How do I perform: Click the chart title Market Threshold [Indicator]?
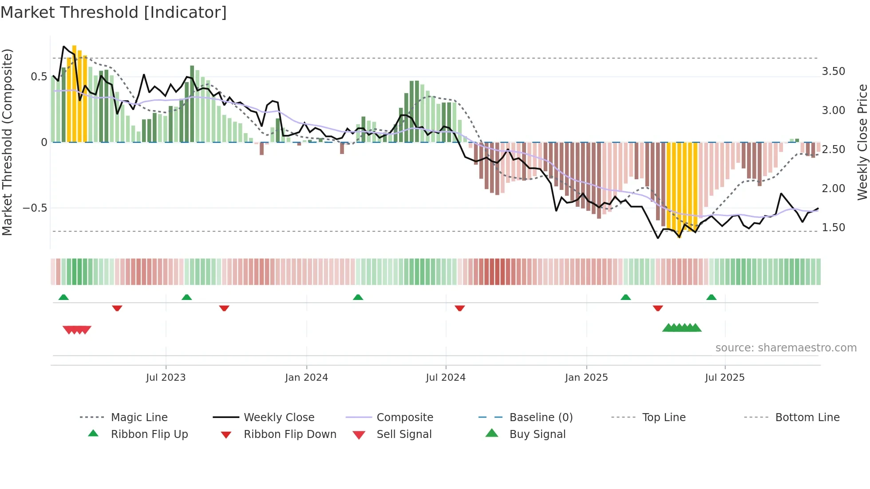point(114,12)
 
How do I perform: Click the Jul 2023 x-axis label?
point(166,378)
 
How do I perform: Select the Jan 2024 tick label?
point(306,378)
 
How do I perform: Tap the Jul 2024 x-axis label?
point(446,378)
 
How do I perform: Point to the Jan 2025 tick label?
point(586,378)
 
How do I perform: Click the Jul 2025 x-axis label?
point(725,378)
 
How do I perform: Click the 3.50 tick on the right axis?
point(833,71)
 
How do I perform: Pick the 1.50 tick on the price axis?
point(833,228)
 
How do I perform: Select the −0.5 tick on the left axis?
point(35,208)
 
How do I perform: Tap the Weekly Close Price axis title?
point(862,142)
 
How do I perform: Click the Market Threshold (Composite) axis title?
point(7,142)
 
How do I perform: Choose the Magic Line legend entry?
point(139,418)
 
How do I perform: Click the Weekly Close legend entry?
point(279,418)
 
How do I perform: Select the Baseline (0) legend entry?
point(541,418)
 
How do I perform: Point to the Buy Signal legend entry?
point(537,434)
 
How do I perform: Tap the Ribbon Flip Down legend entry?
point(290,434)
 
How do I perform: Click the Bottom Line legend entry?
point(807,418)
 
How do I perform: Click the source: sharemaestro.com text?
point(786,348)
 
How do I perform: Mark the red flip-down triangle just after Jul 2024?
point(460,308)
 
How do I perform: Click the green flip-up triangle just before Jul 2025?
point(712,297)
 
